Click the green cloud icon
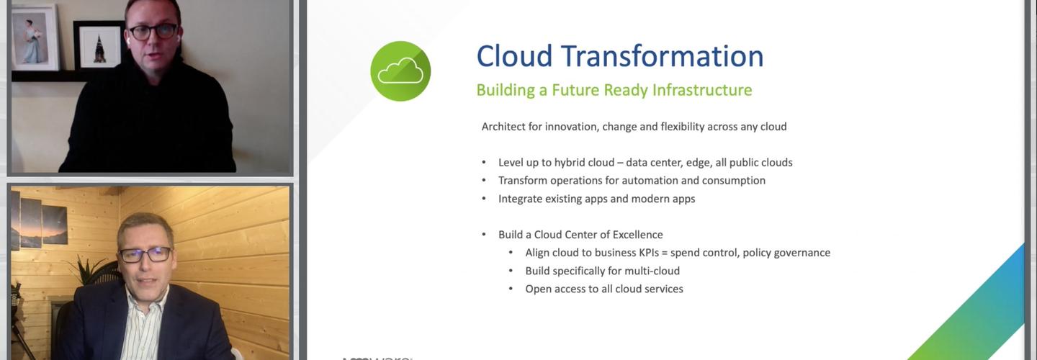400,71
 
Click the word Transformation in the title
663,56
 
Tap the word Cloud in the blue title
514,56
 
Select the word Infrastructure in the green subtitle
702,90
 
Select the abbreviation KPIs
649,253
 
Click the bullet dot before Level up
484,163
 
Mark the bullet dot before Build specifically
511,271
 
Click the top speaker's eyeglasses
153,32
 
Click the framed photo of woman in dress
35,37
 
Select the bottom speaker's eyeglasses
145,254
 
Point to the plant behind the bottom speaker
90,271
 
